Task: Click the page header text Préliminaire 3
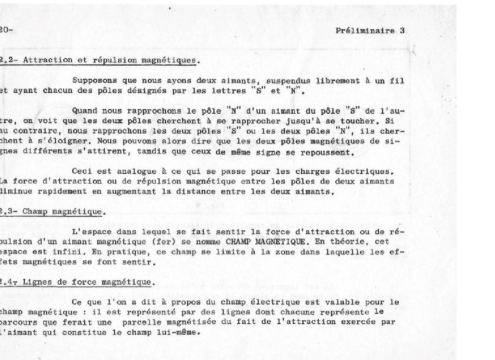370,31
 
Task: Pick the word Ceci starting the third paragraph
79,171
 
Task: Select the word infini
78,252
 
